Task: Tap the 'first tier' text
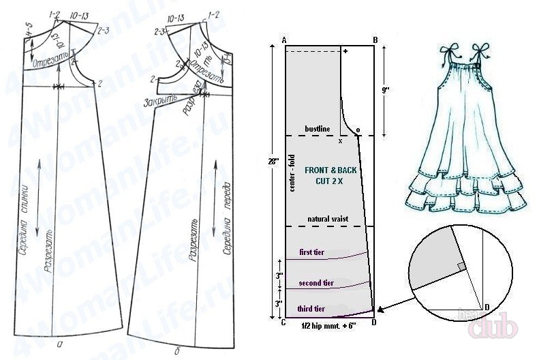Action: pyautogui.click(x=313, y=253)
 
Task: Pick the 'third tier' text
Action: pyautogui.click(x=312, y=309)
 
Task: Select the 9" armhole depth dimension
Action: pyautogui.click(x=385, y=88)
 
